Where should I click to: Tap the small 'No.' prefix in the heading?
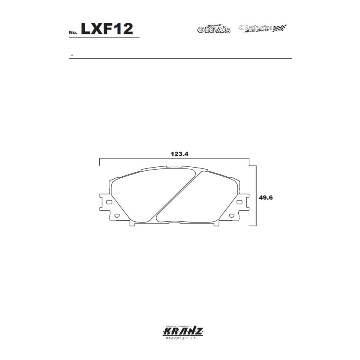click(x=73, y=32)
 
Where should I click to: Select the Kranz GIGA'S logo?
click(x=214, y=28)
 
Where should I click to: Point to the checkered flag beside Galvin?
click(x=280, y=28)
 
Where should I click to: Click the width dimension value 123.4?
click(x=179, y=154)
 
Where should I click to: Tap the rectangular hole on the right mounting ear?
click(x=239, y=202)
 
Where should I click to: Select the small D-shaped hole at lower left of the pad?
click(x=117, y=216)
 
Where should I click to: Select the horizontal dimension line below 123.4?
click(x=174, y=159)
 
